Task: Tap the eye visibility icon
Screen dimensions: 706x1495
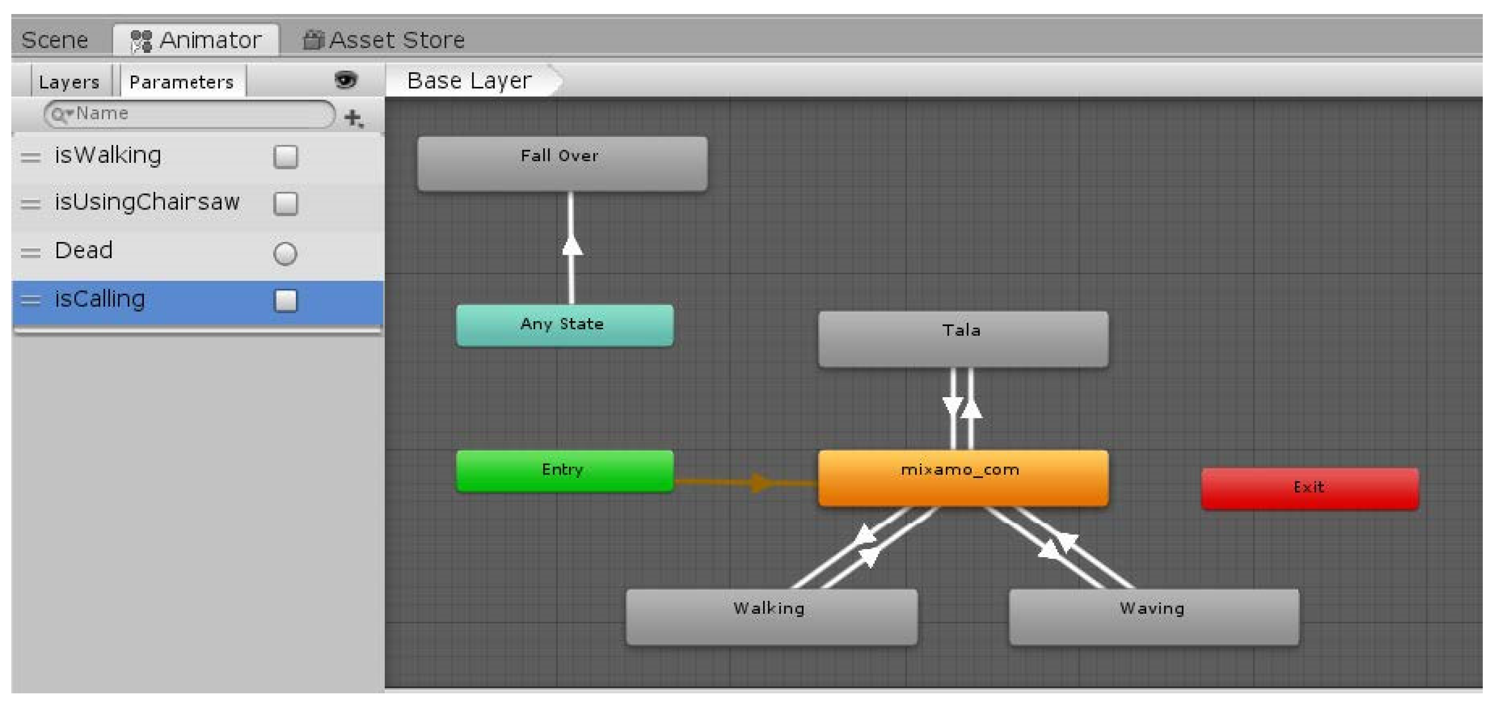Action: (x=346, y=80)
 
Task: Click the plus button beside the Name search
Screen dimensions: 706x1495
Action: (x=353, y=118)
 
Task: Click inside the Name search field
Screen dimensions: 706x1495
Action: (x=191, y=114)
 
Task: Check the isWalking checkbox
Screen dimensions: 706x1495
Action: (x=285, y=156)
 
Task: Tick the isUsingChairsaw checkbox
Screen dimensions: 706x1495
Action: (x=285, y=204)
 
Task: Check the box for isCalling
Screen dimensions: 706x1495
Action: (x=285, y=300)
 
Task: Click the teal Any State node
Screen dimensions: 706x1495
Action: (x=564, y=325)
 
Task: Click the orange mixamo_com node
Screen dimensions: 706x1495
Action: (x=962, y=477)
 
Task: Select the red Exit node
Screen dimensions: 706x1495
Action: (x=1309, y=488)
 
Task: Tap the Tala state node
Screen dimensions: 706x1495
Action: (x=962, y=338)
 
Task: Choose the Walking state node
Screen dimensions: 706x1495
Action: (x=771, y=616)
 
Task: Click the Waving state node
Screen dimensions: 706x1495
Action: (x=1153, y=616)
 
